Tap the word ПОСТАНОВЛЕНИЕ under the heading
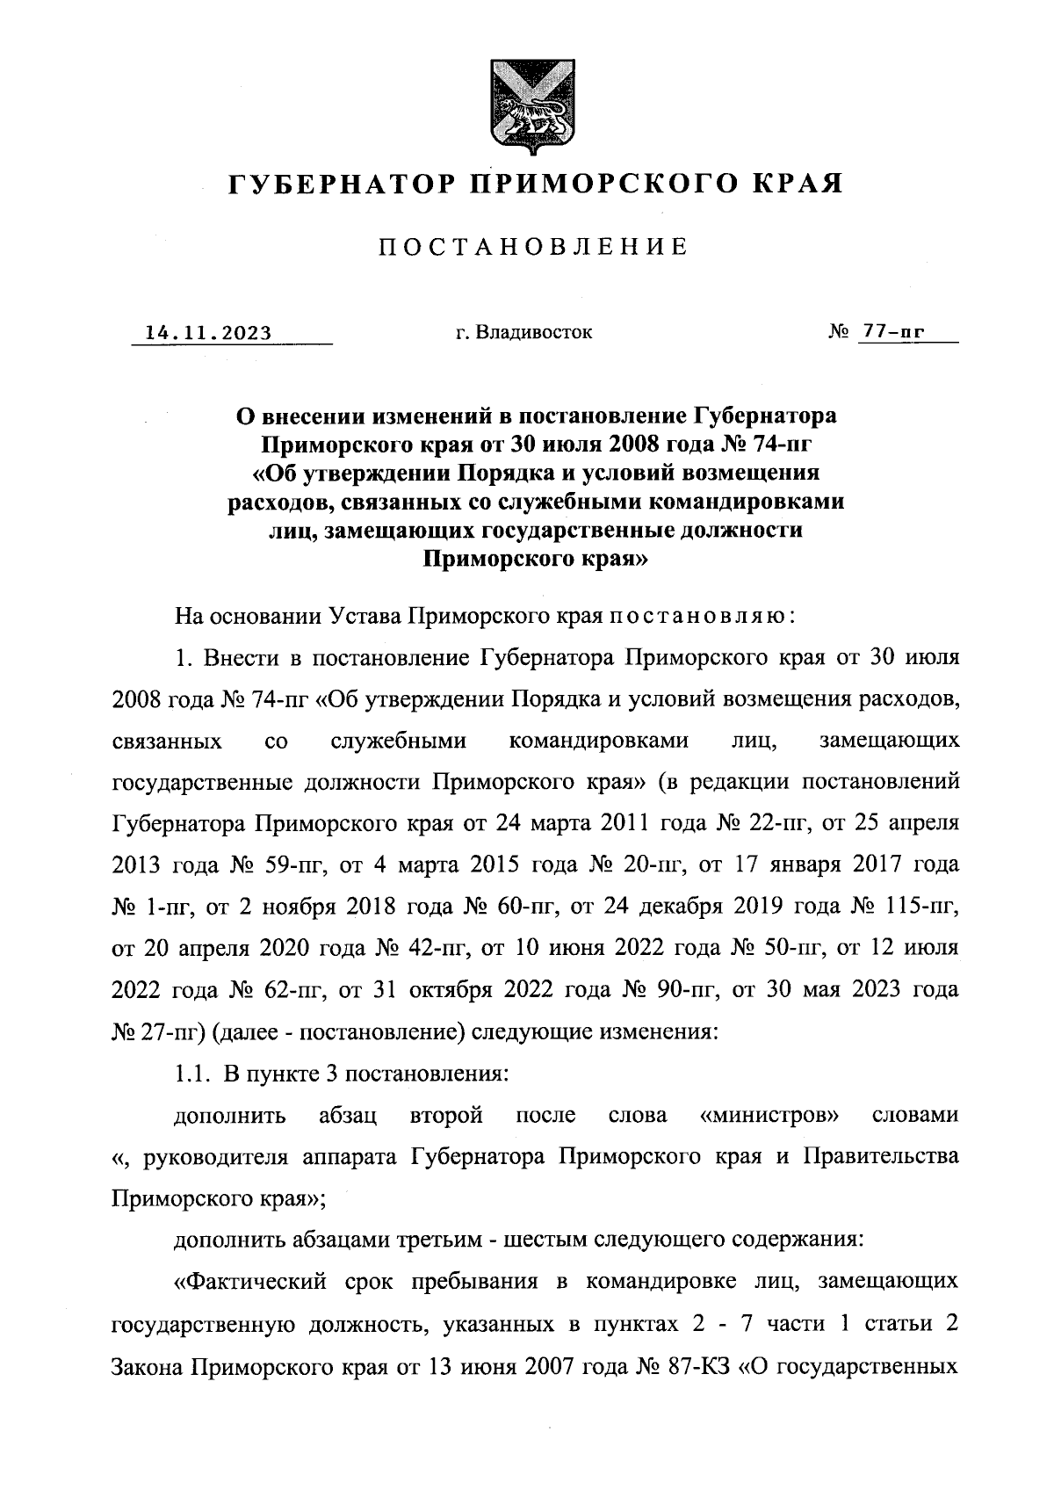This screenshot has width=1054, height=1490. click(x=532, y=247)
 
